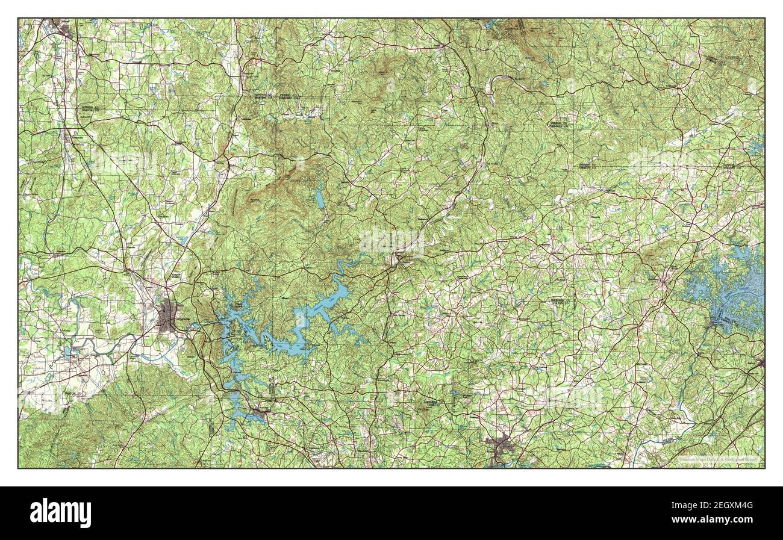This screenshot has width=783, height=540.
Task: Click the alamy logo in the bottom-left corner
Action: click(x=60, y=512)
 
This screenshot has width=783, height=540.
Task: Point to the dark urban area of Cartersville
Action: click(x=169, y=318)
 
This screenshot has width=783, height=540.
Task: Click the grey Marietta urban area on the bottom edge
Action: click(x=501, y=448)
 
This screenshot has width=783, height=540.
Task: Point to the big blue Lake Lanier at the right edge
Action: click(x=732, y=289)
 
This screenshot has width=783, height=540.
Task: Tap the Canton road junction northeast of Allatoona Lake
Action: click(x=398, y=259)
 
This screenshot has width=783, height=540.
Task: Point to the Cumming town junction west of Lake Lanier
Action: click(x=663, y=281)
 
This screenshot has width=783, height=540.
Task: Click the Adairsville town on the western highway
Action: click(x=67, y=133)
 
